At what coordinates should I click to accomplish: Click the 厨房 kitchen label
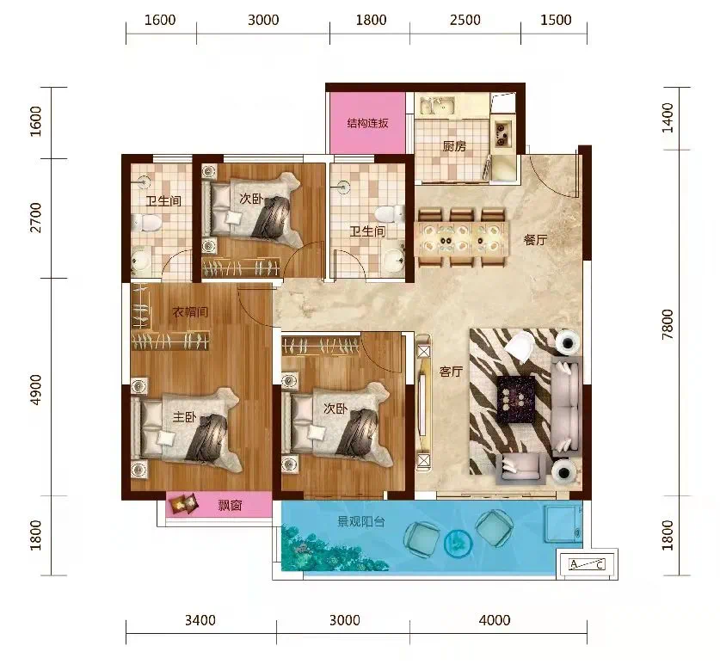(x=454, y=146)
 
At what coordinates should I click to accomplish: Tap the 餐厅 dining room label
(x=535, y=240)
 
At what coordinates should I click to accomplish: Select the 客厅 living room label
(x=451, y=372)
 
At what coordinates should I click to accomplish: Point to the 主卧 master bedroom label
(x=184, y=416)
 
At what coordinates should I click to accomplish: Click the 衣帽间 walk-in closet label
(x=190, y=312)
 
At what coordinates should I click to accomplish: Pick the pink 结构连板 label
(x=367, y=123)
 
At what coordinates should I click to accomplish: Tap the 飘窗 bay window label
(x=230, y=506)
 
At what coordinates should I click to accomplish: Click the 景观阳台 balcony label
(x=360, y=521)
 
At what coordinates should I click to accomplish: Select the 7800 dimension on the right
(x=668, y=324)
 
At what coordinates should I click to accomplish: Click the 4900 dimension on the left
(x=35, y=390)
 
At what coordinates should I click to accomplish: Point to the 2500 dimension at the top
(x=465, y=20)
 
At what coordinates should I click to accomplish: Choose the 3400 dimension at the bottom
(x=200, y=620)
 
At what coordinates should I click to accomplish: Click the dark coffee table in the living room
(x=517, y=398)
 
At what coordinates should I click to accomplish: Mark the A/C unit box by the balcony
(x=587, y=564)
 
